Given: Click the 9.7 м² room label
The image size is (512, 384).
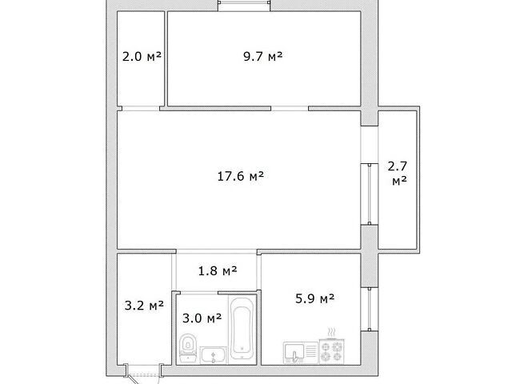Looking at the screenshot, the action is pos(263,57).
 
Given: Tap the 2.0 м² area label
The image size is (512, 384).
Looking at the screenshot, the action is pos(142,57).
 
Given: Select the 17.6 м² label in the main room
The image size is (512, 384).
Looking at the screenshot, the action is pos(241,176).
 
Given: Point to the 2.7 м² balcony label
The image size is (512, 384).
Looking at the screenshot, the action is pos(398,174).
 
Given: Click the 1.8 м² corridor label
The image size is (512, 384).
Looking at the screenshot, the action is pos(218,270).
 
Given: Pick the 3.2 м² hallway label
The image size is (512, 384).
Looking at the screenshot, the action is pos(144,306).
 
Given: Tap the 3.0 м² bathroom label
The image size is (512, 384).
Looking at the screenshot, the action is pos(202,318).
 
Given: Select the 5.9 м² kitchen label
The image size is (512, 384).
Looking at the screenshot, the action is pos(314,298).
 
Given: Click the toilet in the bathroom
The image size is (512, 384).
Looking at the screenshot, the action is pos(188,348).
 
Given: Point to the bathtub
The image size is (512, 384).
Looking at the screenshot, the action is pos(242,328).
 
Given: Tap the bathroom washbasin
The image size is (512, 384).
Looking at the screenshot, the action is pos(214,355).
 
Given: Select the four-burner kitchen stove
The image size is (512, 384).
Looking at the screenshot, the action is pos(331,351).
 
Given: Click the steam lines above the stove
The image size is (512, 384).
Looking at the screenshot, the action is pos(331,333).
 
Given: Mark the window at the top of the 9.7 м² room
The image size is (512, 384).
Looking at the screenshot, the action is pos(244,6).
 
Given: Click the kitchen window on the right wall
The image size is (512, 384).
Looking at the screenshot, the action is pos(370,309).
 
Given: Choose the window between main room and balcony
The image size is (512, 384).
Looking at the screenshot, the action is pos(370,194).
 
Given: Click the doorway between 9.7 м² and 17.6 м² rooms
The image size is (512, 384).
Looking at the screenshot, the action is pos(290,109).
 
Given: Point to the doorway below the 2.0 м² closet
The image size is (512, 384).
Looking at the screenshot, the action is pos(141,109).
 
